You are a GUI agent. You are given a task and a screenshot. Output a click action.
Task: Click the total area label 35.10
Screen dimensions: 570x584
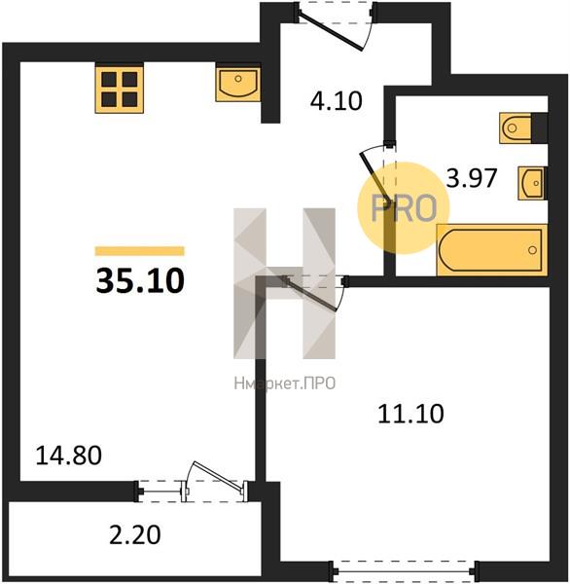pos(140,281)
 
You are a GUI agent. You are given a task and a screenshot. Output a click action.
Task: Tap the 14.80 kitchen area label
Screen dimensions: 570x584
pos(68,456)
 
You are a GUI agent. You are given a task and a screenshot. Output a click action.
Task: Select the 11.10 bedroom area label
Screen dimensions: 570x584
pos(410,414)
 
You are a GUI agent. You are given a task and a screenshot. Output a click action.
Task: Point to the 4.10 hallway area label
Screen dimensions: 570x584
pos(337,101)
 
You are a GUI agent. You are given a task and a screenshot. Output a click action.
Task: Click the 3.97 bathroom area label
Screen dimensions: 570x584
pos(472,178)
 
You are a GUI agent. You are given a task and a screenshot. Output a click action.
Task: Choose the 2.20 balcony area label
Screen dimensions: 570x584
pos(135,534)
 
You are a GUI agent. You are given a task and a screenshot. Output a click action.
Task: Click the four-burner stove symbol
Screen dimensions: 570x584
pos(120,90)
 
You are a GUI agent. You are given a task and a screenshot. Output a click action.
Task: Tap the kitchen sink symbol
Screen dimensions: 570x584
pos(238,85)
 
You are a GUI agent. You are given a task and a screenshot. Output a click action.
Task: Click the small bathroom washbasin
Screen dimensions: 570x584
pos(532,183)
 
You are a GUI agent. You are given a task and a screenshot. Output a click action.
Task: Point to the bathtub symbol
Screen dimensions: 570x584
pos(492,250)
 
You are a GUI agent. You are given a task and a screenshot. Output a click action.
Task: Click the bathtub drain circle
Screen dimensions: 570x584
pos(532,250)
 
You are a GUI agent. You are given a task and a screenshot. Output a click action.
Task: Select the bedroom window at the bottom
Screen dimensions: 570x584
pos(405,570)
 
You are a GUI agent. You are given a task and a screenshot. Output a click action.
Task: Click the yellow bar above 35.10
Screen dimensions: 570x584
pos(140,251)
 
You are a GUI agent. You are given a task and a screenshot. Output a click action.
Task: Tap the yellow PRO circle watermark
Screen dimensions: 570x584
pos(404,208)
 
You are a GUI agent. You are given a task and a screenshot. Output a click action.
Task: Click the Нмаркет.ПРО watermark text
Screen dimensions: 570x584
pos(285,383)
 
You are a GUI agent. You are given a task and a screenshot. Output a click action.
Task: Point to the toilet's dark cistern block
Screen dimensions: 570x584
pos(540,128)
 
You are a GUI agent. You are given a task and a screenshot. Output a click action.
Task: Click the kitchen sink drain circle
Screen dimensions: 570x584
pos(238,79)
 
